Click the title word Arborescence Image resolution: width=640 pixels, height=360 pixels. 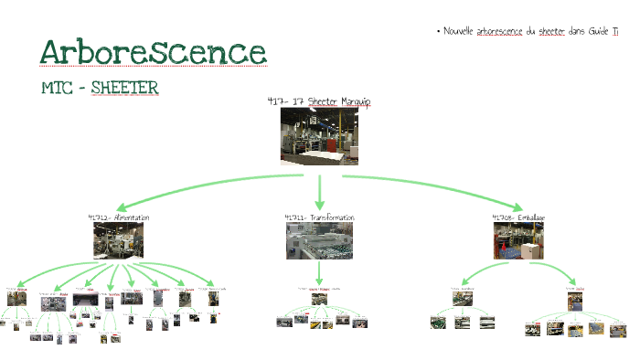(153, 52)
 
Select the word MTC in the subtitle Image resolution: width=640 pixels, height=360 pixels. (59, 88)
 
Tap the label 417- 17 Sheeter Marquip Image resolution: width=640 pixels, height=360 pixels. (318, 101)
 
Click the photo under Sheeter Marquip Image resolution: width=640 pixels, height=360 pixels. (318, 136)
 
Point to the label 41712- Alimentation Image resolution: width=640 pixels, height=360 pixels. (118, 217)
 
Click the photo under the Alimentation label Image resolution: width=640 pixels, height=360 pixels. (118, 240)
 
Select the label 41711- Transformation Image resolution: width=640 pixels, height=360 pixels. (319, 217)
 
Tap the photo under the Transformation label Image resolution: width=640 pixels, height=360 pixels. (319, 241)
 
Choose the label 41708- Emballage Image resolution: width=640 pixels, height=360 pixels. (518, 217)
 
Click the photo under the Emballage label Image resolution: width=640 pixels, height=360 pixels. (518, 241)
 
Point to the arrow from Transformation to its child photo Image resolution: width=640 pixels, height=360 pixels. (319, 273)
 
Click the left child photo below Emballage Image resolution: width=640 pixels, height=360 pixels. (463, 299)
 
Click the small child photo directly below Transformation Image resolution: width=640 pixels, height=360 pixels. (319, 298)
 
